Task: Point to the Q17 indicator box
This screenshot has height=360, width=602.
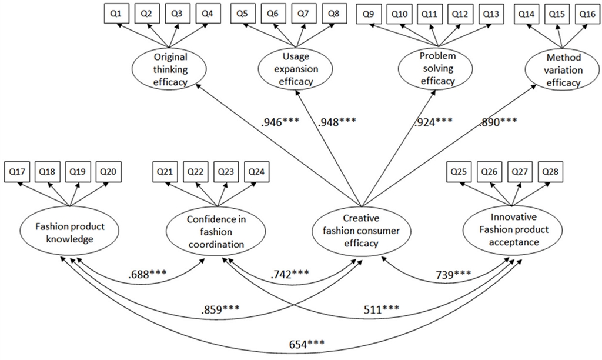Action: tap(18, 172)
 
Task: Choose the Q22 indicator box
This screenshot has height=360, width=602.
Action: tap(195, 172)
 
